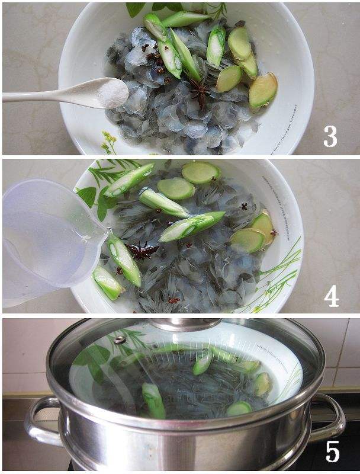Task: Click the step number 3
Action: point(330,135)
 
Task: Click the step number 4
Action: point(331,294)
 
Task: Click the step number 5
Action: point(332,451)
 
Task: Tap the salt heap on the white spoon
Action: point(112,93)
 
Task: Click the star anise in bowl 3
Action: point(200,92)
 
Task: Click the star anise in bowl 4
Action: point(141,251)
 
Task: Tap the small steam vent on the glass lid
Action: point(120,340)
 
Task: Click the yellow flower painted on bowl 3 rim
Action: point(108,142)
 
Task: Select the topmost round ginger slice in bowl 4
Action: point(200,172)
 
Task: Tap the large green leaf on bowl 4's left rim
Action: point(87,196)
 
